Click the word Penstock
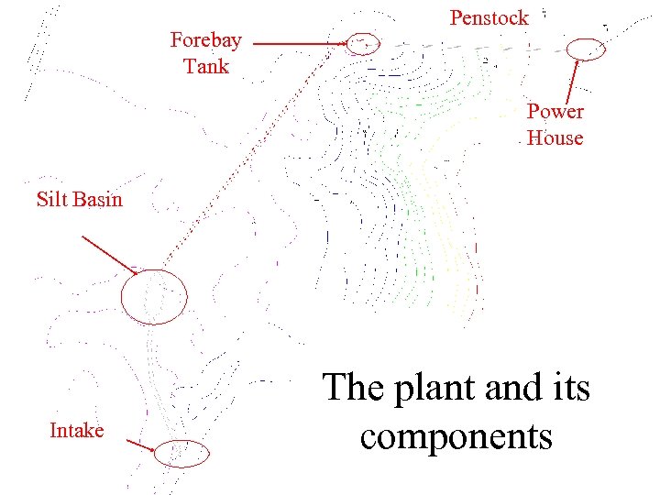pyautogui.click(x=489, y=17)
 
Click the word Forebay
pyautogui.click(x=205, y=39)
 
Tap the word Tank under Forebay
pyautogui.click(x=206, y=66)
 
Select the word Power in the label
pyautogui.click(x=555, y=112)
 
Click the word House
pyautogui.click(x=555, y=138)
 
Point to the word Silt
pyautogui.click(x=52, y=199)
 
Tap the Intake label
pyautogui.click(x=76, y=430)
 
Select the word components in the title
pyautogui.click(x=456, y=435)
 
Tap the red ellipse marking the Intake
pyautogui.click(x=181, y=452)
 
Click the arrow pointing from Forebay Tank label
pyautogui.click(x=299, y=43)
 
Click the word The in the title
pyautogui.click(x=353, y=388)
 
